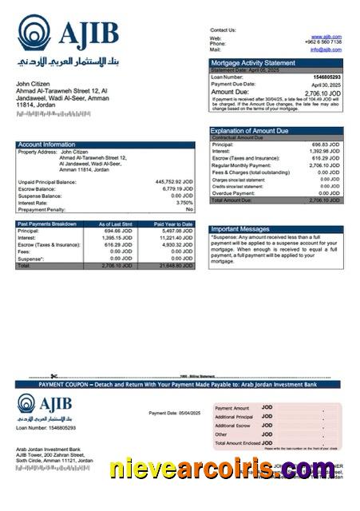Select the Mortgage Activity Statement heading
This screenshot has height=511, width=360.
(x=252, y=62)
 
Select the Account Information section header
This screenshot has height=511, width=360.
(x=47, y=145)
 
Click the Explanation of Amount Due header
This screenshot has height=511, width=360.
(x=250, y=130)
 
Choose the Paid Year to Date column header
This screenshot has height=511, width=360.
(x=173, y=224)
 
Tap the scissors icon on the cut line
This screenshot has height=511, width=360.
(x=53, y=376)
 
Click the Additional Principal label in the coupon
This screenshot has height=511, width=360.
(x=234, y=417)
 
